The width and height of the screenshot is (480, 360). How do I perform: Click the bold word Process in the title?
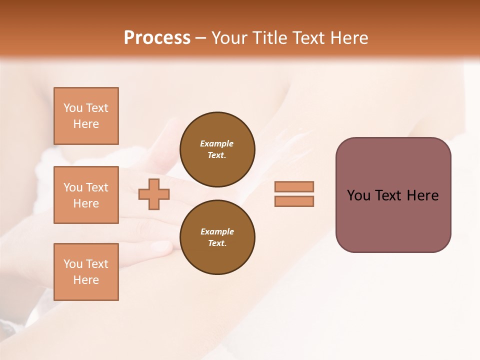click(157, 38)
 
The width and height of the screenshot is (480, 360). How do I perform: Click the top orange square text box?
click(86, 116)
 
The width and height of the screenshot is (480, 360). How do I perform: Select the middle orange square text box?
click(86, 195)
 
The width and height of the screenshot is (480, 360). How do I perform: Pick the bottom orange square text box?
click(86, 271)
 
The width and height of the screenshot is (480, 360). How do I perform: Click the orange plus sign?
click(154, 194)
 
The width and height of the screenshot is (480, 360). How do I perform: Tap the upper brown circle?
click(217, 149)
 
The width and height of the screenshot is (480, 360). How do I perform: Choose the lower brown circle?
click(217, 237)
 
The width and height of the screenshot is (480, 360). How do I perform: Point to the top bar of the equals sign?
click(294, 186)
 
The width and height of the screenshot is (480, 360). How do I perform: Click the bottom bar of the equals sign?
click(294, 201)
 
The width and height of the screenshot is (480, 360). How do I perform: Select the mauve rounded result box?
click(393, 194)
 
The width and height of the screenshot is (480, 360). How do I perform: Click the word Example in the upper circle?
click(217, 143)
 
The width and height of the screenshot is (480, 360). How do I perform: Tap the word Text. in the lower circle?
click(217, 243)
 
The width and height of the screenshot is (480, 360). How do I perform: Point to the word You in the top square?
click(73, 108)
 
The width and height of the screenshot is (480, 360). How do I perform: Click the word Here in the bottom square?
click(86, 280)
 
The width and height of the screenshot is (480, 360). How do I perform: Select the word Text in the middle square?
click(96, 187)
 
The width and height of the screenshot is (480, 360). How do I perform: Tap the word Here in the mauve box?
click(422, 195)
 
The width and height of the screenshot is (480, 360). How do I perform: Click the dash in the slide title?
click(200, 38)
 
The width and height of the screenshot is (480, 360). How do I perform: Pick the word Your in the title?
click(230, 38)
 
